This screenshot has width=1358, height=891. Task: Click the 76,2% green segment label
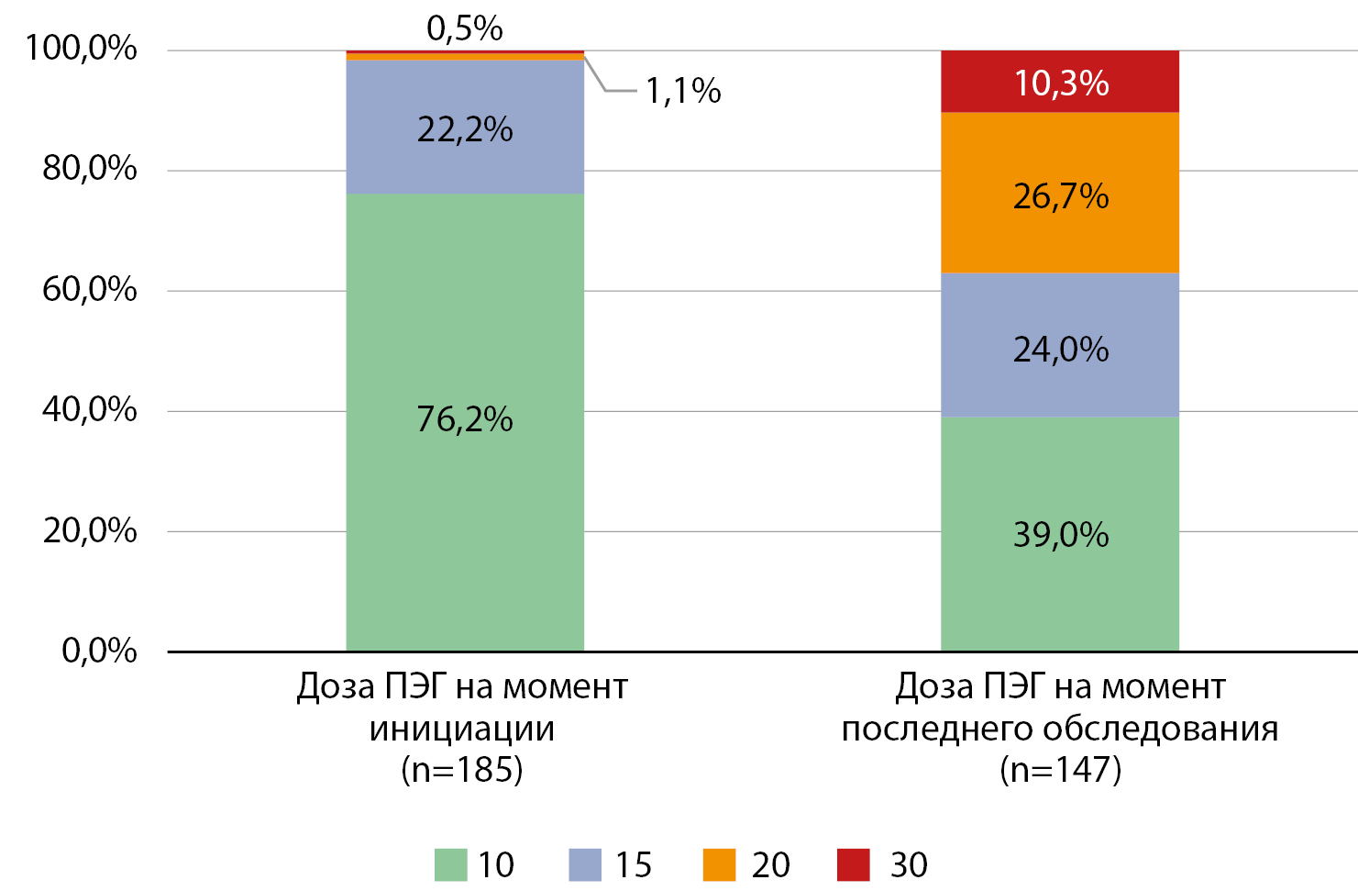464,419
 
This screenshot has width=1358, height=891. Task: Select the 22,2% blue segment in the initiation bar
465,128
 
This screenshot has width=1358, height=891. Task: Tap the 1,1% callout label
683,91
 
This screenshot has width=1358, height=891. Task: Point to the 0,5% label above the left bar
465,28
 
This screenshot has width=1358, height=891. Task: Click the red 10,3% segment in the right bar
1060,83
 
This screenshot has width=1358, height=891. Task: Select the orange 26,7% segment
1060,195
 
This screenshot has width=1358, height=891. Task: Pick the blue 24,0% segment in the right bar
1060,349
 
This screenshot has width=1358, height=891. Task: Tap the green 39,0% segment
1060,534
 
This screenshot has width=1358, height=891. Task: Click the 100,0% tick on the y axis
82,48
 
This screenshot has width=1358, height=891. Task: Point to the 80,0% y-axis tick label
90,169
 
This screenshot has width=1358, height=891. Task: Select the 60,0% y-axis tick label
90,290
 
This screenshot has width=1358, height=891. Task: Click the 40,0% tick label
90,409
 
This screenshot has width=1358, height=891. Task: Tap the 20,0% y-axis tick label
90,530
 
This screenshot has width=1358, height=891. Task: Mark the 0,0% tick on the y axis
99,651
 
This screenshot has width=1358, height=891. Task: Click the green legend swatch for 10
450,864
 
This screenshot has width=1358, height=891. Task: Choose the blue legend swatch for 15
585,864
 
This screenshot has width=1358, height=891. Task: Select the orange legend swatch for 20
719,864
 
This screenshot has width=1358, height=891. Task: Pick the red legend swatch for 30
854,864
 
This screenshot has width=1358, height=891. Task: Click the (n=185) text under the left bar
462,769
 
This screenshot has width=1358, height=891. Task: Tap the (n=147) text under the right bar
1060,769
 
